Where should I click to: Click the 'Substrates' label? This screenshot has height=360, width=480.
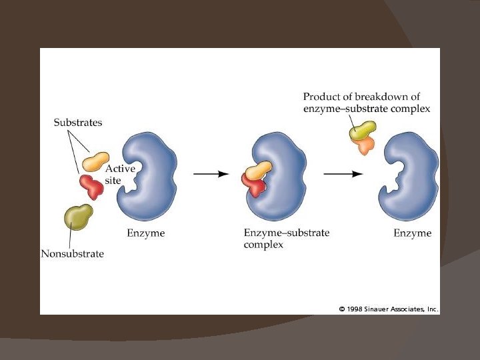click(78, 123)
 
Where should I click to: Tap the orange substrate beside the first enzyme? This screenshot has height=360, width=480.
click(95, 161)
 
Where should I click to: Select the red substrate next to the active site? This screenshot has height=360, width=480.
click(91, 186)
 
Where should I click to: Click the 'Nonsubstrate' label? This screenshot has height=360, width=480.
click(72, 253)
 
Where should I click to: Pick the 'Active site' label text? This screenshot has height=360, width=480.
click(120, 175)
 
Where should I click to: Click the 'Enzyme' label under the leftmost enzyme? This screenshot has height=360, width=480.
click(145, 233)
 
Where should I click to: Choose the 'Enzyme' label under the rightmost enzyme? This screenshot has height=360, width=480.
click(412, 233)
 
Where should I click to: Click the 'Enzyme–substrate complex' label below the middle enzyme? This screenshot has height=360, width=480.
click(286, 239)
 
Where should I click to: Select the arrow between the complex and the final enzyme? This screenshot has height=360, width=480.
click(343, 173)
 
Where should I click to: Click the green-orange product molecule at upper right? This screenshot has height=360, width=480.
click(363, 136)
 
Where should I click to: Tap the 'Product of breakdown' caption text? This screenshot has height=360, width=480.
click(366, 103)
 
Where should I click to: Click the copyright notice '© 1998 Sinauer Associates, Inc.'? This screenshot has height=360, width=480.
click(388, 309)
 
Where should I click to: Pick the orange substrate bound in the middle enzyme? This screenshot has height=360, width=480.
click(258, 170)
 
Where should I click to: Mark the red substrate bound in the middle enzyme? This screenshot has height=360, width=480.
click(255, 187)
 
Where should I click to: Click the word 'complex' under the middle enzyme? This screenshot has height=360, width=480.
click(263, 245)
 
